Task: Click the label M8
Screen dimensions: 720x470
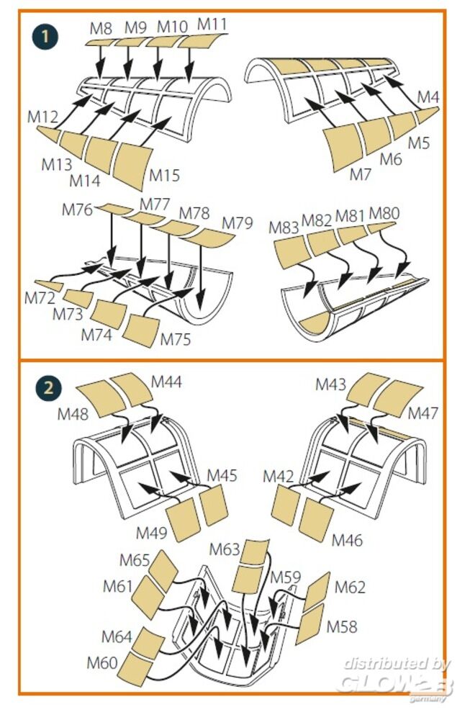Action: point(101,29)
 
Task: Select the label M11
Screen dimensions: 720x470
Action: point(212,24)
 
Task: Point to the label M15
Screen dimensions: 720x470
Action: point(164,175)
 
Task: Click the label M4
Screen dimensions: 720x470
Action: point(428,96)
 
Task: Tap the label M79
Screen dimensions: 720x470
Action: point(238,223)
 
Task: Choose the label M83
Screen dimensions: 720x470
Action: point(284,227)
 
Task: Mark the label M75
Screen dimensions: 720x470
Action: point(176,338)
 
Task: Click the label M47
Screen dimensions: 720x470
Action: point(423,413)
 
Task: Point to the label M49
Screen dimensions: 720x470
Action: point(152,533)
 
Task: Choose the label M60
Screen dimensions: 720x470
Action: point(102,662)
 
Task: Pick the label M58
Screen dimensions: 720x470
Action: point(343,626)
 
